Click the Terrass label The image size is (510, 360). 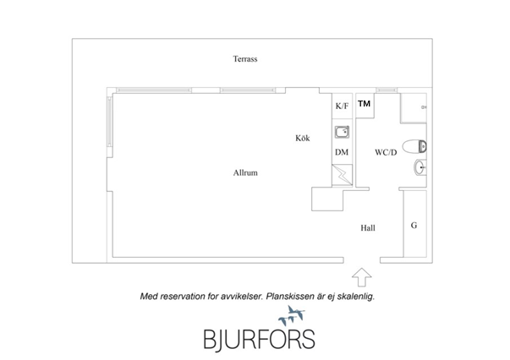point(245,59)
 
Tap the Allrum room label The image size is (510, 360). point(245,172)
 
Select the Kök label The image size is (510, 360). point(303,138)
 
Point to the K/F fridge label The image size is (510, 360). point(342,106)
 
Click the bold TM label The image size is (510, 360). point(364,103)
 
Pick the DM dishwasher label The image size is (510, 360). point(342,152)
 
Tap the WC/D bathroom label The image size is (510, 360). point(386,152)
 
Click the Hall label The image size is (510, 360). point(368,228)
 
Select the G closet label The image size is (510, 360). point(414,225)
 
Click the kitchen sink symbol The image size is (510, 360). point(342,132)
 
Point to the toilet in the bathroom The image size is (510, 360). point(414,146)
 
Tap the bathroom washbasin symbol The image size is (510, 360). point(420,167)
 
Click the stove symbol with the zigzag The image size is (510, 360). point(342,175)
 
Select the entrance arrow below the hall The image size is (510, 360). point(361,277)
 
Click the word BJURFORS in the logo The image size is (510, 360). point(259,340)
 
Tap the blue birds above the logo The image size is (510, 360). point(292,315)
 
